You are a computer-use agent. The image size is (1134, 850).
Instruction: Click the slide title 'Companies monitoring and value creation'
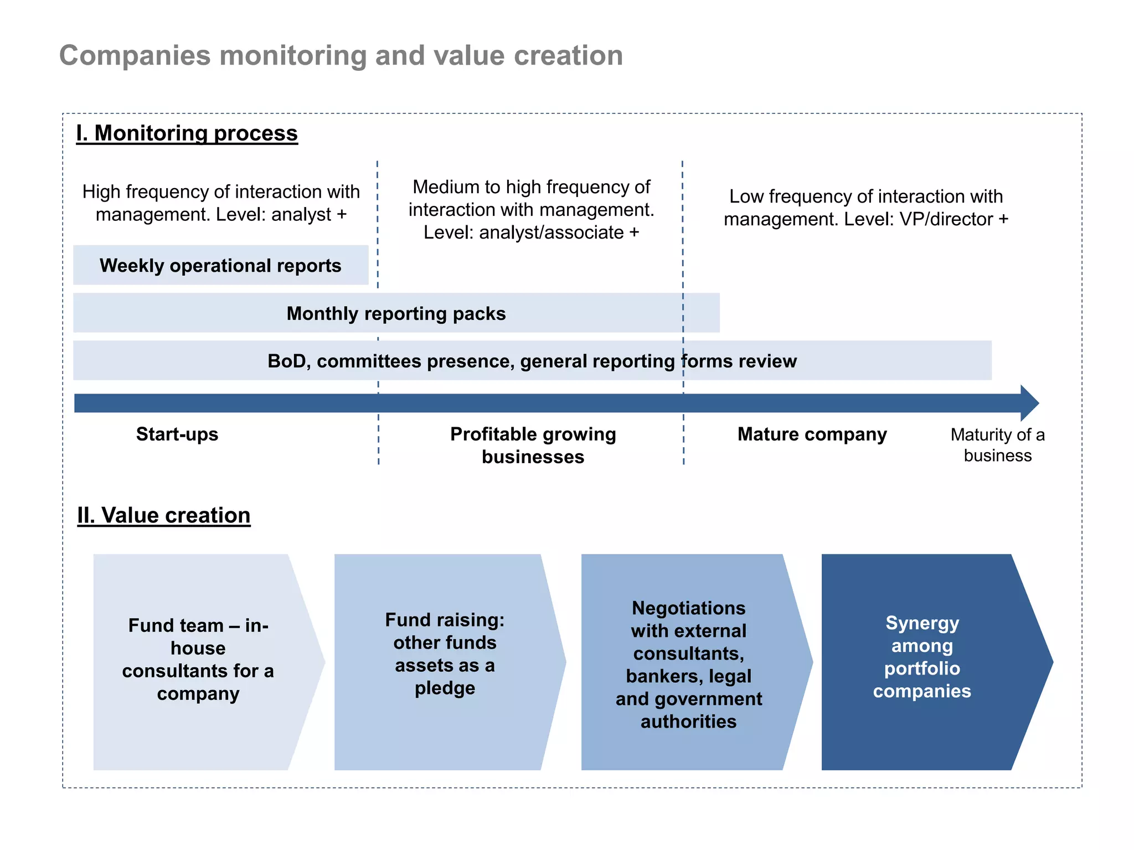tap(341, 56)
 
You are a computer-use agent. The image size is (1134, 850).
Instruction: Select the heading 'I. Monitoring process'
tap(187, 133)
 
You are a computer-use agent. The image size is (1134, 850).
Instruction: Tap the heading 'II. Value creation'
tap(164, 515)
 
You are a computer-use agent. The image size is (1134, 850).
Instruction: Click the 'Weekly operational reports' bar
tap(220, 266)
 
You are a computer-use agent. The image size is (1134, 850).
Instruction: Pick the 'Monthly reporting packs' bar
tap(396, 313)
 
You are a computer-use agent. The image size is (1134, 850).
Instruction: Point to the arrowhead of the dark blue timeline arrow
tap(1029, 403)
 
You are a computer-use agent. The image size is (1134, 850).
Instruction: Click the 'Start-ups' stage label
tap(177, 434)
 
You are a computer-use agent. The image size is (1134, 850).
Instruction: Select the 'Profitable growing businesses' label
tap(533, 445)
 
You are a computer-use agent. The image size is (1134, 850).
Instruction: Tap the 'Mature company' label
tap(812, 434)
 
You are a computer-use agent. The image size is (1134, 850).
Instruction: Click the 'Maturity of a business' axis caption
tap(997, 445)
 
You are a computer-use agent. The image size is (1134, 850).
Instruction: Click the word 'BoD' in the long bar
tap(284, 361)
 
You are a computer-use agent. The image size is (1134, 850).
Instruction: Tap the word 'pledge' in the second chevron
tap(445, 688)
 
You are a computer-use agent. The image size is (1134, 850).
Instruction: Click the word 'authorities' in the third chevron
tap(688, 722)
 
